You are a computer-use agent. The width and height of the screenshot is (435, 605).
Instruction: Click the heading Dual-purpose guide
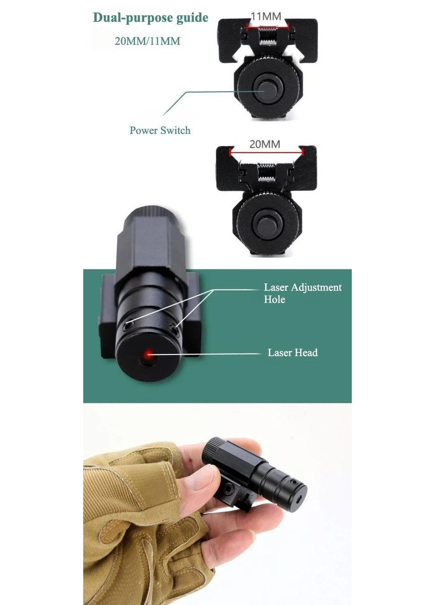pyautogui.click(x=150, y=18)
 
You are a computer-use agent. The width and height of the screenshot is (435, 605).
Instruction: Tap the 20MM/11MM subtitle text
pyautogui.click(x=147, y=41)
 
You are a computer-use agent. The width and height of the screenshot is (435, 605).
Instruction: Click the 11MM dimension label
pyautogui.click(x=266, y=17)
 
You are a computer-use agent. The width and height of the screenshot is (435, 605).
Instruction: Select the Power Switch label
pyautogui.click(x=160, y=130)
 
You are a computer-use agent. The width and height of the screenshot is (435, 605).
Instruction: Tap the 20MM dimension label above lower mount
pyautogui.click(x=265, y=144)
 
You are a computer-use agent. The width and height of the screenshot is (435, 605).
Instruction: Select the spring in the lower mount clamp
pyautogui.click(x=267, y=173)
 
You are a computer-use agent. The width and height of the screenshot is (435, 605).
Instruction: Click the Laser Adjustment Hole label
pyautogui.click(x=303, y=293)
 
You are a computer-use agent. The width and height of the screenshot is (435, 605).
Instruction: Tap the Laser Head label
pyautogui.click(x=293, y=353)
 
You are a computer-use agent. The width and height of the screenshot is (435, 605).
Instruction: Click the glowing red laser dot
pyautogui.click(x=148, y=354)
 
